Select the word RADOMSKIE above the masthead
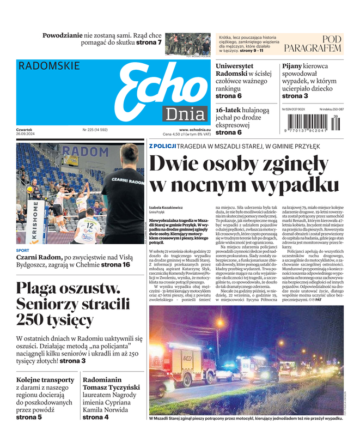coord(49,66)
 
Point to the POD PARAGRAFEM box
coord(316,44)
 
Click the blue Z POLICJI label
coord(163,146)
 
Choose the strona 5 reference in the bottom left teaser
coord(29,417)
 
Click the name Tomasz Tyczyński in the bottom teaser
coord(111,387)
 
